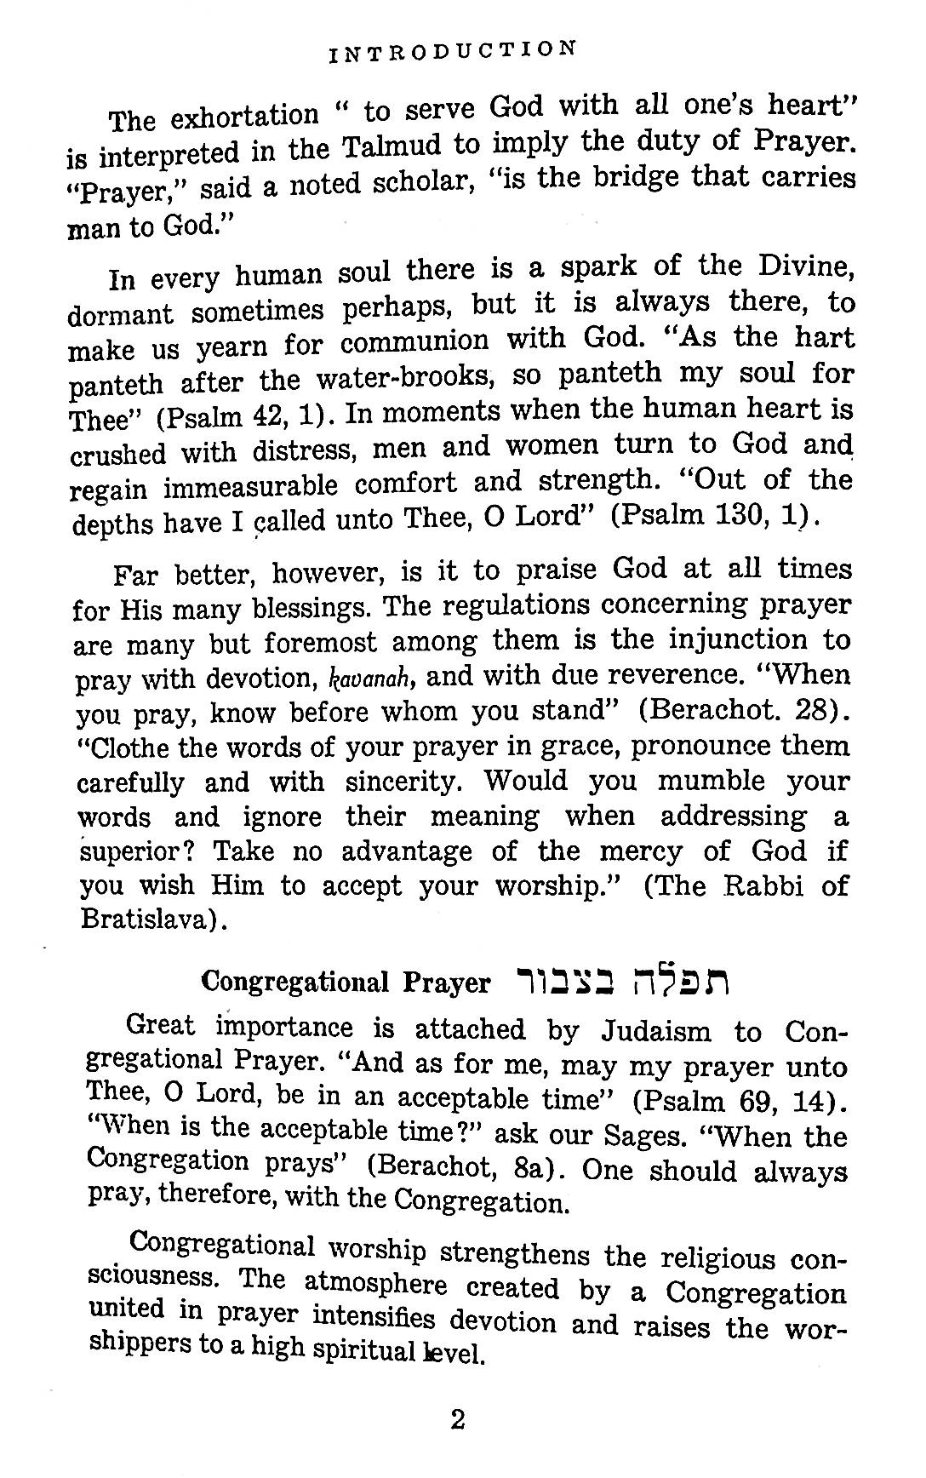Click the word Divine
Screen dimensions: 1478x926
pyautogui.click(x=799, y=266)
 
